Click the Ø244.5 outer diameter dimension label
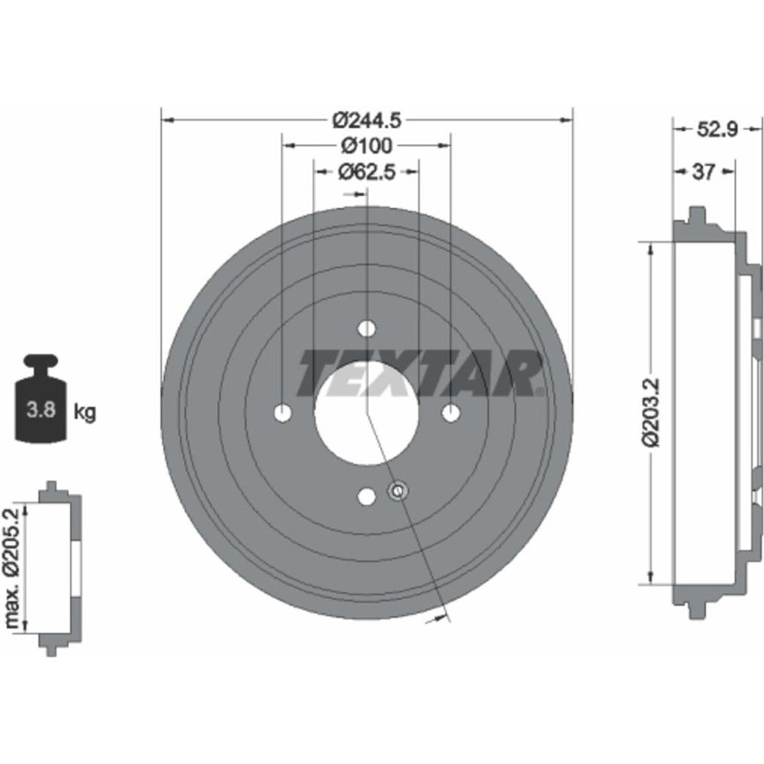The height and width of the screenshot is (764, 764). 366,119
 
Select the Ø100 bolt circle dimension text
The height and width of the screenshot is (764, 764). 366,145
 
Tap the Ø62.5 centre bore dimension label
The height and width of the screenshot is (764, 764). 366,172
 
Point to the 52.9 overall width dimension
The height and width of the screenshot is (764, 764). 718,129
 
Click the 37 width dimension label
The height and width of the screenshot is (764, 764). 704,171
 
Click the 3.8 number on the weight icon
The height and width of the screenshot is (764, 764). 41,409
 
